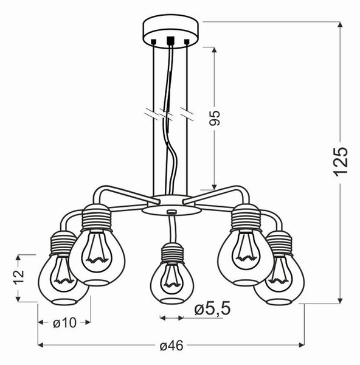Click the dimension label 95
coord(214,118)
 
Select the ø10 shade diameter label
coord(64,323)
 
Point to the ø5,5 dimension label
coord(212,308)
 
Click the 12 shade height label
coord(19,277)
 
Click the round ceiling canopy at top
coord(171,32)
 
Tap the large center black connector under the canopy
coord(171,41)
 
